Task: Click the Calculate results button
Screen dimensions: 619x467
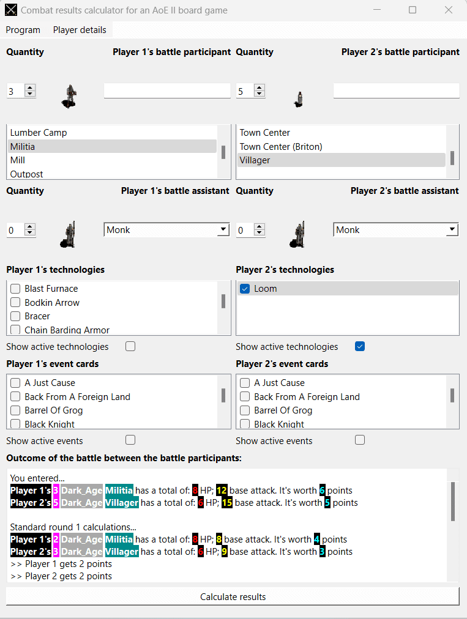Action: tap(233, 596)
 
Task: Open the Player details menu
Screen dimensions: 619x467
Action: tap(80, 30)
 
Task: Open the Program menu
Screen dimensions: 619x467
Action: tap(23, 30)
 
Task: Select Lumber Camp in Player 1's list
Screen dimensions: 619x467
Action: tap(39, 133)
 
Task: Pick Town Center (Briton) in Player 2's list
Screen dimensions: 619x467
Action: tap(281, 147)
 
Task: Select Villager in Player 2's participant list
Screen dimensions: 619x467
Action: tap(255, 160)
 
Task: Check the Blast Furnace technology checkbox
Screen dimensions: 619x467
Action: tap(15, 289)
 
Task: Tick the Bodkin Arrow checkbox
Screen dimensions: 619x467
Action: tap(15, 303)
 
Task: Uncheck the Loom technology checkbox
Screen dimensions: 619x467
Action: tap(245, 289)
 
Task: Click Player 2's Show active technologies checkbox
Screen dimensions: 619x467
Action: tap(360, 347)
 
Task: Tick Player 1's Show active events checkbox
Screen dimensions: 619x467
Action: tap(130, 440)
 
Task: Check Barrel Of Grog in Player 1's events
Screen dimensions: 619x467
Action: tap(15, 410)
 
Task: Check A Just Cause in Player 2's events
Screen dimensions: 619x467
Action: tap(245, 383)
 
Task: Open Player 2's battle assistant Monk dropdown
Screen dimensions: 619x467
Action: tap(452, 230)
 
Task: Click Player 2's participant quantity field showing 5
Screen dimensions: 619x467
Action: tap(244, 91)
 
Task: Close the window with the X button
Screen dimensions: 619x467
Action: tap(449, 10)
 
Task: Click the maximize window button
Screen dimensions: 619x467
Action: tap(413, 10)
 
